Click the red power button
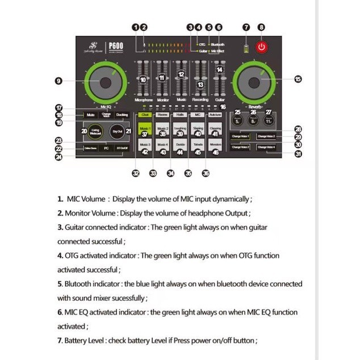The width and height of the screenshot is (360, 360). coord(261,47)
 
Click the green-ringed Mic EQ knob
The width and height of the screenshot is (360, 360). coord(106,82)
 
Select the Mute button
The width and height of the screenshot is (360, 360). coord(91,115)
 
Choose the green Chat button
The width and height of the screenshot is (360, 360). coord(145,115)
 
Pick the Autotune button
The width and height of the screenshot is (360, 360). coord(215,115)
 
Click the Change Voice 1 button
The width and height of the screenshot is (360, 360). coord(240,136)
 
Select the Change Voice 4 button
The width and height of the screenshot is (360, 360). coord(266,147)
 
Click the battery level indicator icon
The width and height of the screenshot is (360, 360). coord(246,47)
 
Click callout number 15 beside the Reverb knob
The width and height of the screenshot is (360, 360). coord(298,79)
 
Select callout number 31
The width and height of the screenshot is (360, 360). coord(298,153)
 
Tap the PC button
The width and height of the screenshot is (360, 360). coord(106,148)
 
